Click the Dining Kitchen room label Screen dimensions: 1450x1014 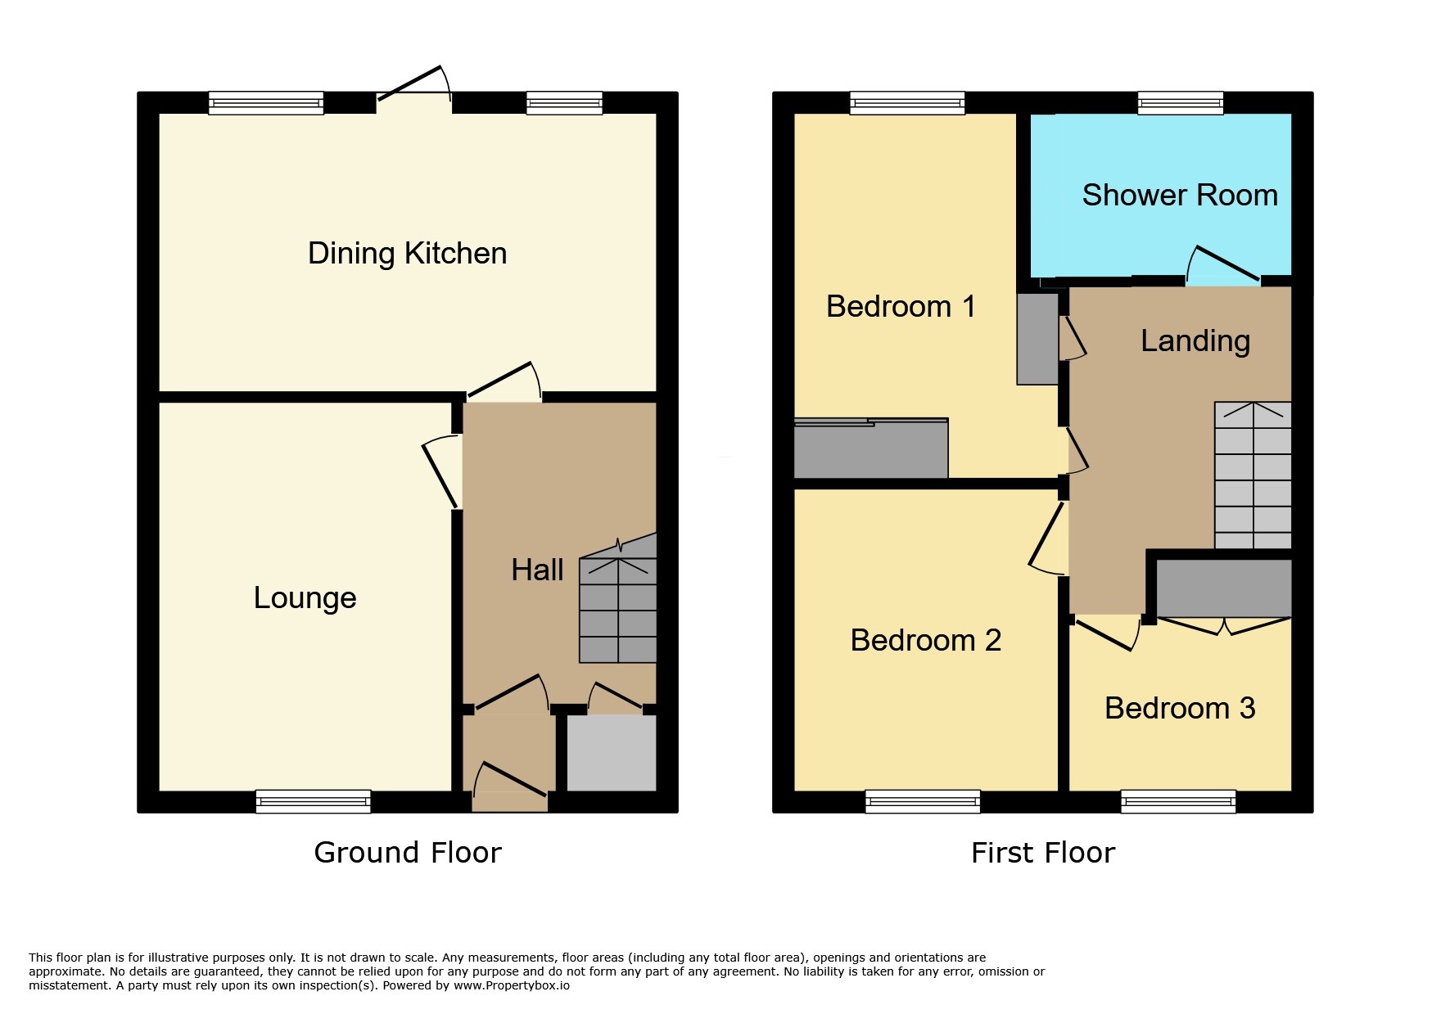[x=407, y=254]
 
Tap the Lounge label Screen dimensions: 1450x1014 [x=305, y=598]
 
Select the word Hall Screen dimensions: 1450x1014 [x=537, y=570]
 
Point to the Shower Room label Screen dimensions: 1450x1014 [x=1180, y=195]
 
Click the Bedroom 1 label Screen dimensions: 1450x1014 [x=901, y=306]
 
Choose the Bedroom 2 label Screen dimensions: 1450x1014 [x=926, y=640]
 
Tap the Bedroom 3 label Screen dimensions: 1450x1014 [x=1180, y=708]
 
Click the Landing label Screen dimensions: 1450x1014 [x=1195, y=341]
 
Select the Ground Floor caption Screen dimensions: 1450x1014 [x=408, y=853]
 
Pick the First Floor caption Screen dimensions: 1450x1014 [x=1043, y=853]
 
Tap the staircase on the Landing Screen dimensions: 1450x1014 [x=1253, y=475]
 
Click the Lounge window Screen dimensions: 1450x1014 [x=313, y=801]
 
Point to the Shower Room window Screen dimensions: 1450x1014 [x=1181, y=103]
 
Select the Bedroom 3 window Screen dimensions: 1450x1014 [x=1178, y=801]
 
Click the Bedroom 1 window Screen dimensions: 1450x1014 [x=907, y=103]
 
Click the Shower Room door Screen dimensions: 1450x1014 [x=1223, y=265]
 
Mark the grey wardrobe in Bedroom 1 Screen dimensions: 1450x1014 [x=871, y=448]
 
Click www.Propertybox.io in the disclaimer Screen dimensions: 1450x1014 [x=511, y=985]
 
